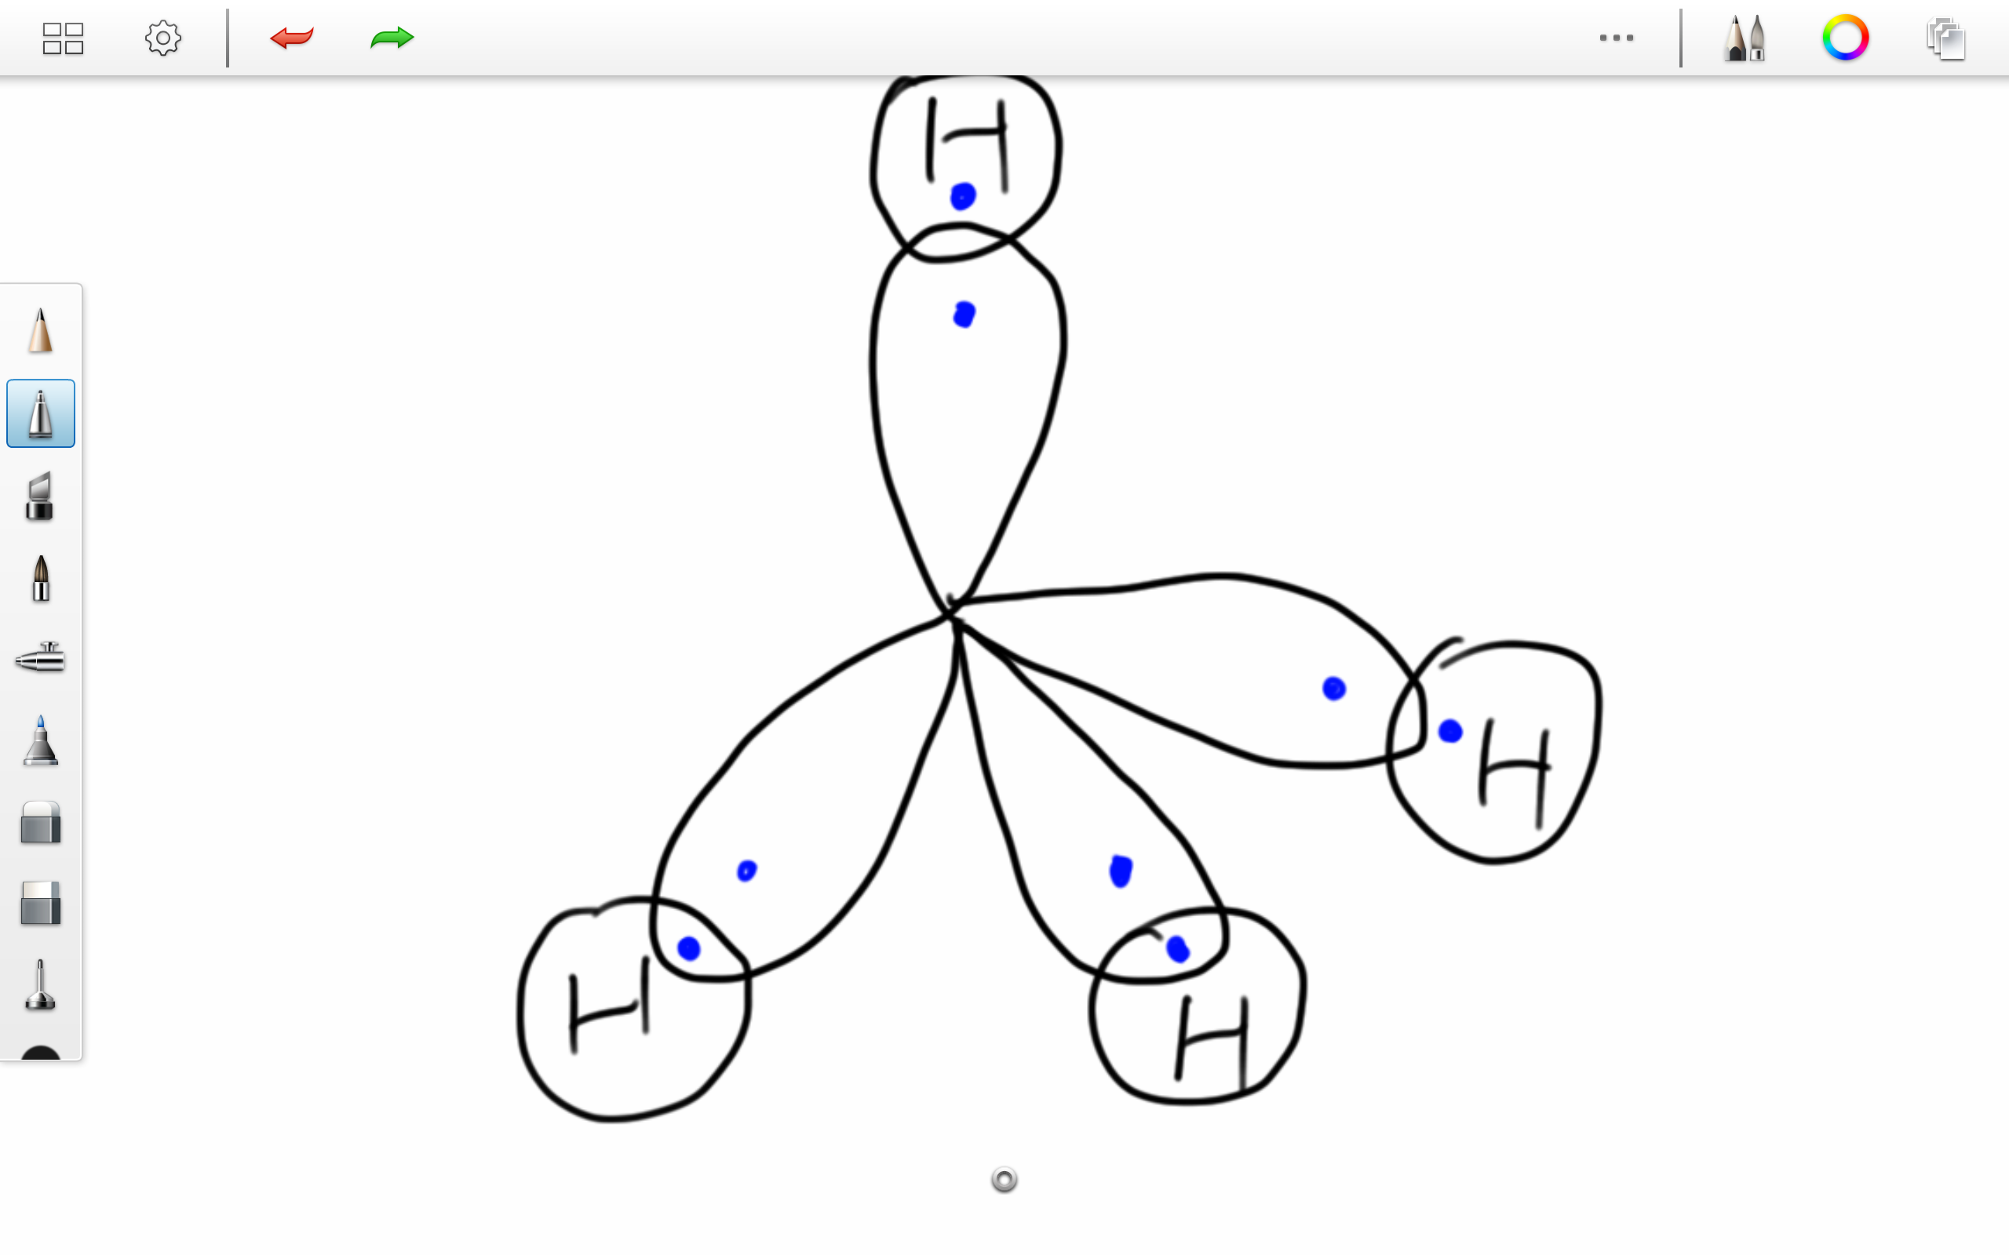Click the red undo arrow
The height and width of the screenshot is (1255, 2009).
(x=291, y=38)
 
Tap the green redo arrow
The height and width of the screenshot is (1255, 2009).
(x=392, y=38)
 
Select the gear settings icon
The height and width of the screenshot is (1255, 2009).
(x=162, y=38)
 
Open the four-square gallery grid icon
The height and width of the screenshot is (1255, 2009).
(x=63, y=38)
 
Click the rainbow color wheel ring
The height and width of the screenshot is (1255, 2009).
(x=1845, y=38)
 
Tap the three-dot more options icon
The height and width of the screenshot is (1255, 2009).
(x=1616, y=38)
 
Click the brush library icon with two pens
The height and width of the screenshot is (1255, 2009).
(x=1745, y=38)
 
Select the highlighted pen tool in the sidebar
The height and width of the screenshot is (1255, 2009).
(x=41, y=413)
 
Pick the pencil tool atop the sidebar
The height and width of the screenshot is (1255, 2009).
(x=41, y=330)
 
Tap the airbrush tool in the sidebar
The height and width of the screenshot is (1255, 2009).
(x=41, y=658)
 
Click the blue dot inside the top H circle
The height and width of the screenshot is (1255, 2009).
(x=963, y=197)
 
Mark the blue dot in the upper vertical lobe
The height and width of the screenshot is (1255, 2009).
(x=964, y=315)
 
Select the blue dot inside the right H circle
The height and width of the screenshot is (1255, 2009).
(x=1449, y=731)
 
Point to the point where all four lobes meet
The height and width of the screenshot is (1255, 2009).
(x=951, y=614)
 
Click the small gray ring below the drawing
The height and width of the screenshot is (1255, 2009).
(x=1004, y=1180)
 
